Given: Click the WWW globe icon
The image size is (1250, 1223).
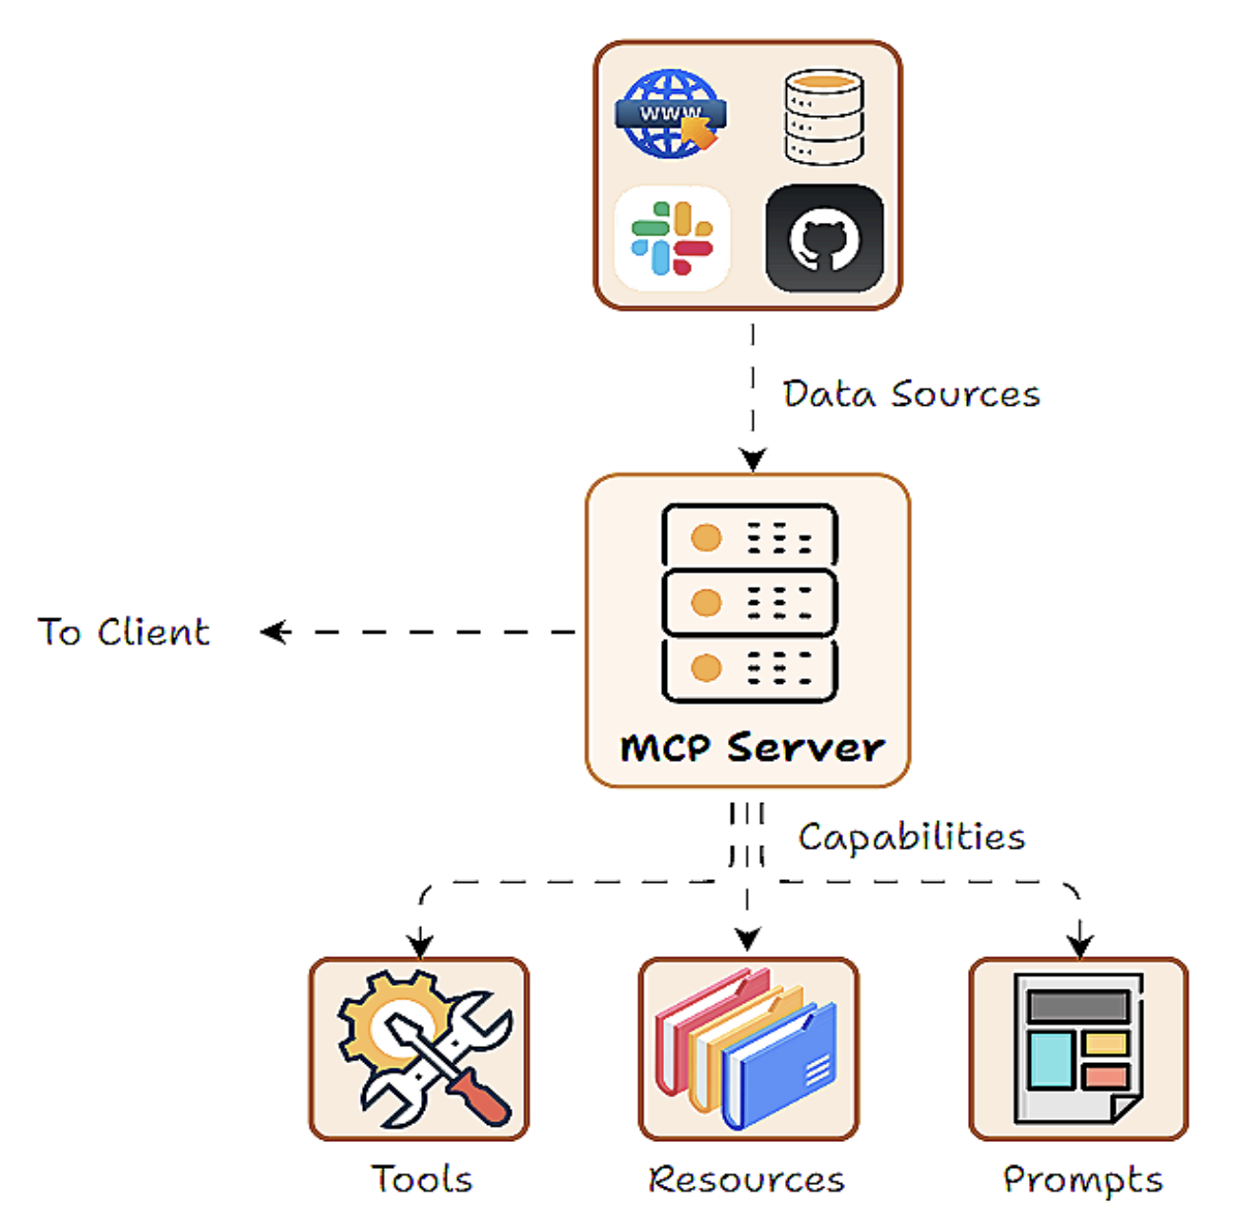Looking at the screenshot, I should click(671, 114).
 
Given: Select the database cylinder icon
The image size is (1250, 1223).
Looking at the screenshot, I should click(824, 116).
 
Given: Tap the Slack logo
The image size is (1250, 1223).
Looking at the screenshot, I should click(673, 238).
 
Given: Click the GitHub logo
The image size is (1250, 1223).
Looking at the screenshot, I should click(825, 238).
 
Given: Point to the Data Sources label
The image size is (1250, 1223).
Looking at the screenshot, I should click(911, 394).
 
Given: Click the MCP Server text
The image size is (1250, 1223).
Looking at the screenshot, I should click(752, 748).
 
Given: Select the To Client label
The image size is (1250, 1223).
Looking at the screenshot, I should click(124, 632).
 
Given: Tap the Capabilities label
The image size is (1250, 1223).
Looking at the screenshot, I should click(912, 837).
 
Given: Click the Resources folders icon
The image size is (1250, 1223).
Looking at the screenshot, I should click(748, 1049).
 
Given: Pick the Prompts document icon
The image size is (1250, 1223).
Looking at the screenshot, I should click(1078, 1049).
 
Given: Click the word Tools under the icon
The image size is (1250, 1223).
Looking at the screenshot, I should click(422, 1179).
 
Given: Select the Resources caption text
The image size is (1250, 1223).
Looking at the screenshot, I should click(747, 1179).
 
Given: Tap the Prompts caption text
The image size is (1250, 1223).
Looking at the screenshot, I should click(1083, 1179).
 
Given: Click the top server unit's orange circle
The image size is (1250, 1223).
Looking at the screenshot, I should click(706, 537).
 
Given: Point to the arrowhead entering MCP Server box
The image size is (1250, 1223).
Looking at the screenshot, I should click(753, 461).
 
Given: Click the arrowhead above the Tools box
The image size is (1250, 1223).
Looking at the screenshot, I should click(420, 946).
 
